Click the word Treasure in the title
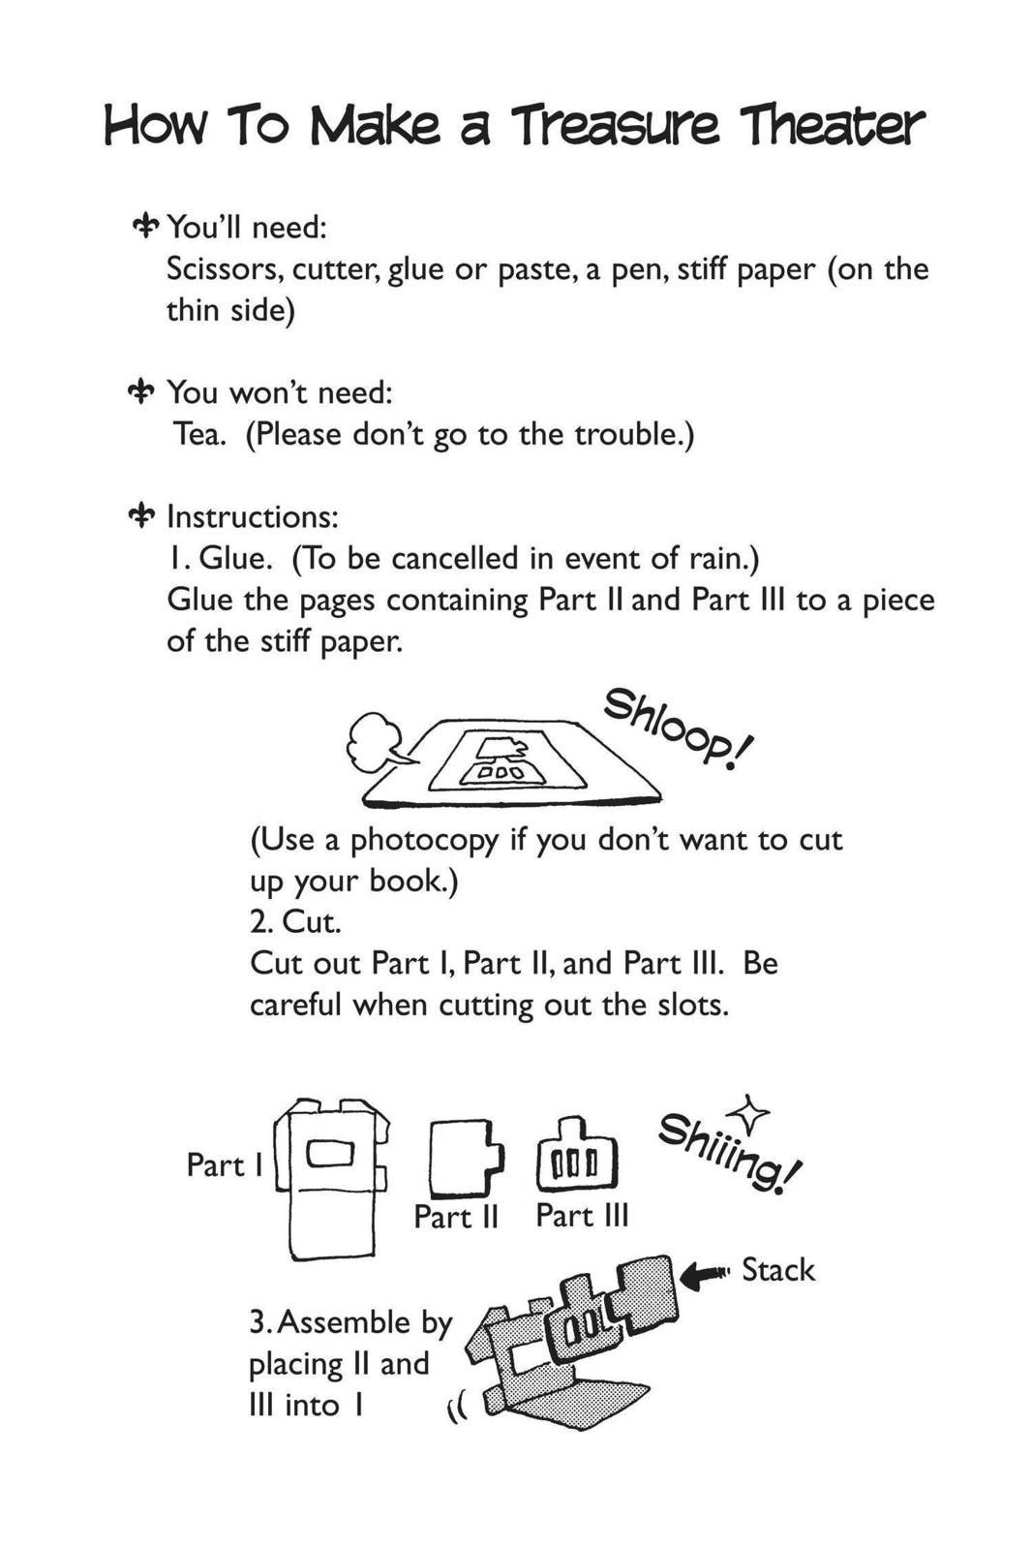pos(615,127)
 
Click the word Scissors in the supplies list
pos(223,268)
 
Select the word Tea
pos(198,434)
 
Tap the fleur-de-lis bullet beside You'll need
pos(146,227)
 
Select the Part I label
pos(224,1164)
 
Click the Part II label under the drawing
pos(455,1217)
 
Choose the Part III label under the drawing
pos(582,1215)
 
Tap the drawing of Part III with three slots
pos(577,1157)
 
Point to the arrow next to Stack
pos(706,1275)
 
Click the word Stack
pos(777,1270)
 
